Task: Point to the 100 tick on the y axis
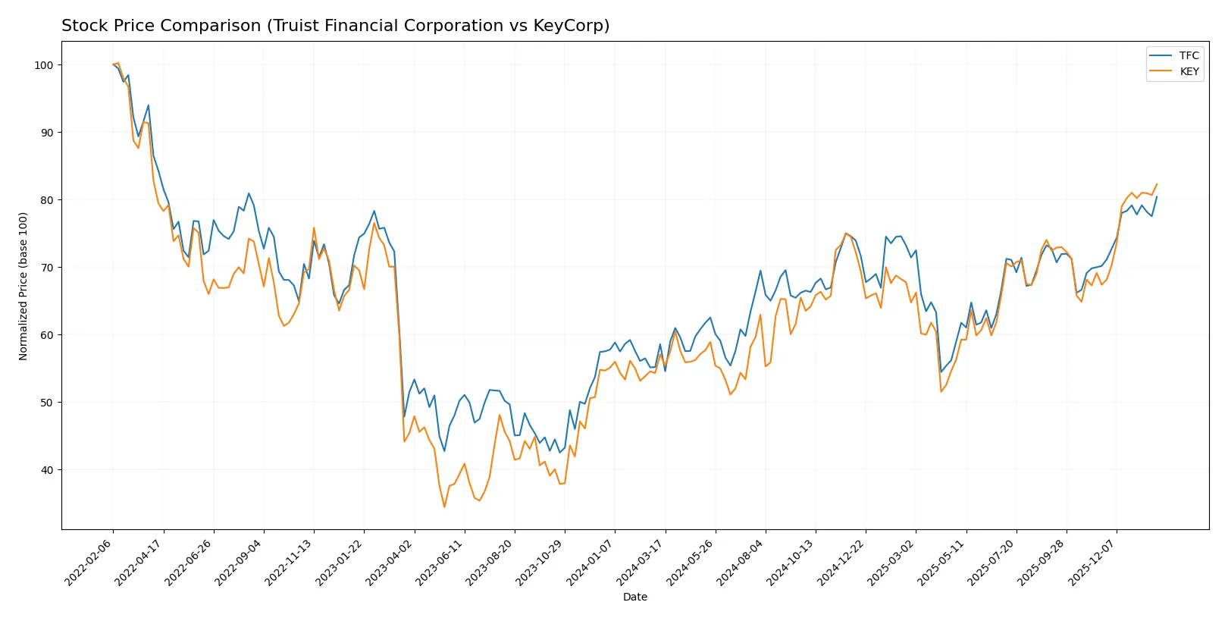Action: [44, 65]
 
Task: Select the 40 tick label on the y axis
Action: [47, 470]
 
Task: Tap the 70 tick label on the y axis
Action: [47, 268]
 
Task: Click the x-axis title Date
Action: [635, 597]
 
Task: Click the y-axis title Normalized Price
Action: [23, 286]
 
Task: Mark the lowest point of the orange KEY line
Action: [444, 507]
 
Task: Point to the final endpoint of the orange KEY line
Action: [1157, 184]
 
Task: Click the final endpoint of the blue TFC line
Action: [1157, 196]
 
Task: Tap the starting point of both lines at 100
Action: [113, 65]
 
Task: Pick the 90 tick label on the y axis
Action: [47, 133]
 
